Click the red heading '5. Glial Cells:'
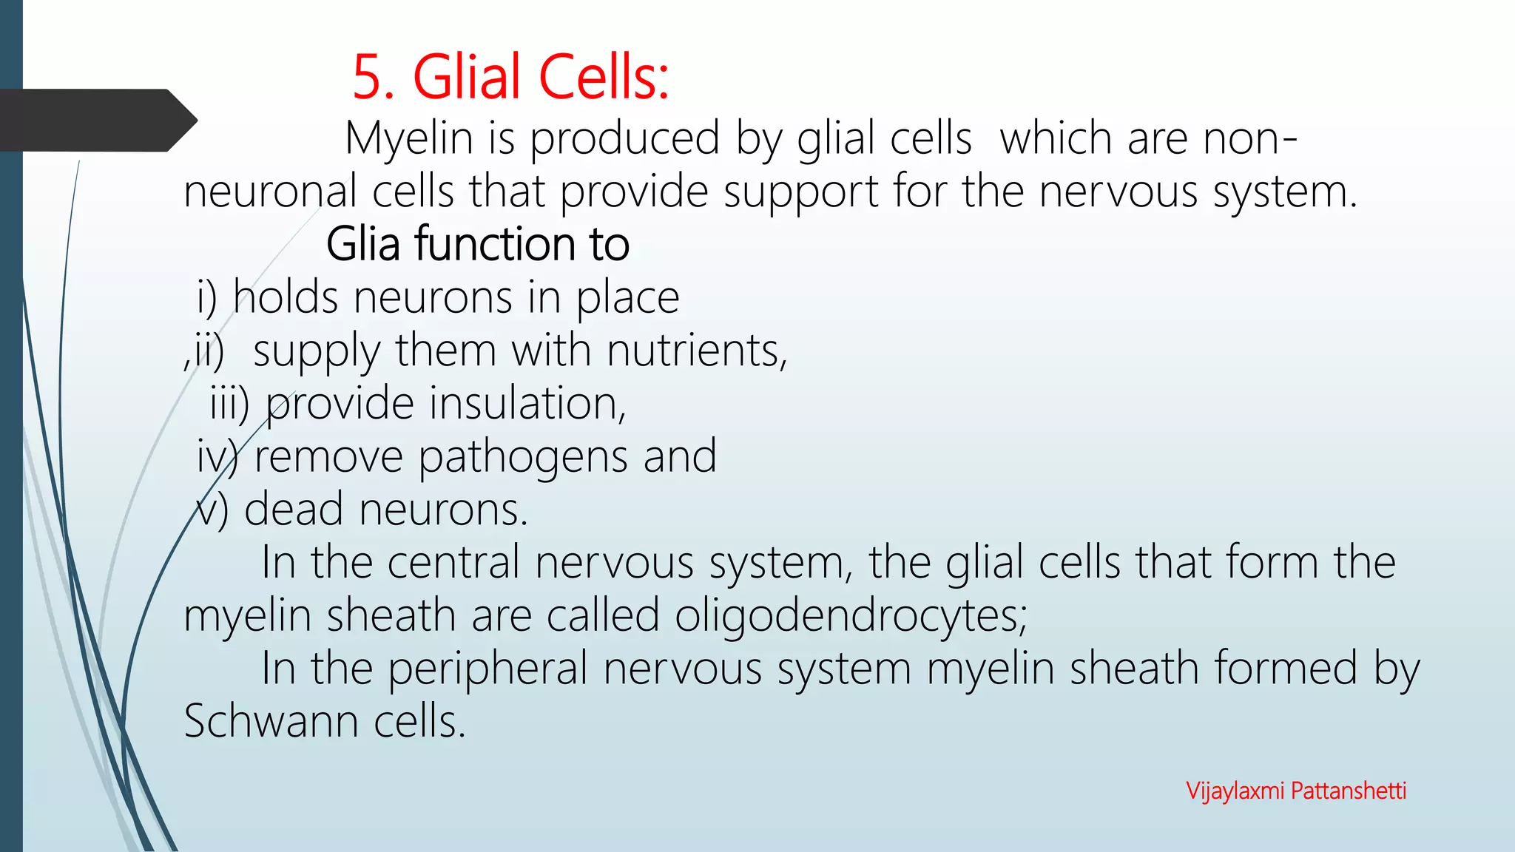coord(510,77)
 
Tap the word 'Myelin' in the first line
coord(408,138)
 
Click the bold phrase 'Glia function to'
coord(478,244)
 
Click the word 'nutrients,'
coord(697,350)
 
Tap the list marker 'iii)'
coord(229,404)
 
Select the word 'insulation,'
coord(527,404)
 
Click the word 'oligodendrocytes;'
coord(851,615)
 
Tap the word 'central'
coord(453,562)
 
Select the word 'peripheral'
coord(487,669)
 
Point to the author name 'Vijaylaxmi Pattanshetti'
coord(1296,791)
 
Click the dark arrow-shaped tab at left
coord(96,121)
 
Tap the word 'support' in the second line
coord(800,192)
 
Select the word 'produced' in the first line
coord(625,138)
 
